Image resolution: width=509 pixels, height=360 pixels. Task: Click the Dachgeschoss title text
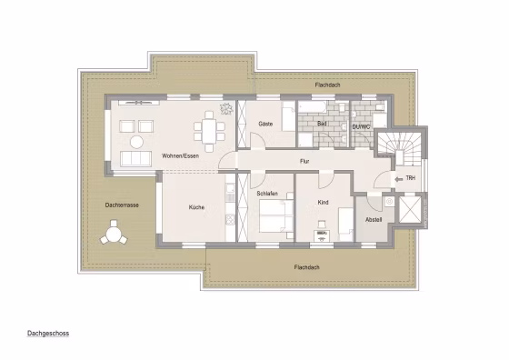(48, 334)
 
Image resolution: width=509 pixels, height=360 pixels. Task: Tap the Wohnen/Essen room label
(180, 156)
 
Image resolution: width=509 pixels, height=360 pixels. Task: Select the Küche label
(196, 207)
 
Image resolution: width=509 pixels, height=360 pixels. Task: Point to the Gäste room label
(265, 124)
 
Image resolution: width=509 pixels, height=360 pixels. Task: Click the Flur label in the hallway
(304, 161)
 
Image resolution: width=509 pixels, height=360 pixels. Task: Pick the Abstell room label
(374, 220)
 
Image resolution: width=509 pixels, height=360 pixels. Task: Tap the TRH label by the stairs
(410, 178)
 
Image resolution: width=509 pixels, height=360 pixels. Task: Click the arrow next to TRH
(399, 179)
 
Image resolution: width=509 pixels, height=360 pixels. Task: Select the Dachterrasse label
(122, 205)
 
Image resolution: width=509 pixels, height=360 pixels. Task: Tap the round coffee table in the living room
(136, 142)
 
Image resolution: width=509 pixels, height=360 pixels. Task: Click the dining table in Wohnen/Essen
(209, 132)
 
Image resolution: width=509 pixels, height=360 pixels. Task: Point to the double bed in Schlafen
(276, 215)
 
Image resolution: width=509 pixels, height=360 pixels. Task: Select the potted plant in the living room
(226, 108)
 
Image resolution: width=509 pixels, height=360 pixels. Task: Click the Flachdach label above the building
(327, 85)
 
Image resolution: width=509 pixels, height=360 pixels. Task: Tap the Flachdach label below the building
(307, 267)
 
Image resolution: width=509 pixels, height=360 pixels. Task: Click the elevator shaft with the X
(410, 210)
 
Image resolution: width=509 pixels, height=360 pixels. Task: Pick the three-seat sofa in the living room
(135, 159)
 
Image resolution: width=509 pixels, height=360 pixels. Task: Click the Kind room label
(323, 203)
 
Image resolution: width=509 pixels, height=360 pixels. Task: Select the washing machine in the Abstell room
(389, 202)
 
